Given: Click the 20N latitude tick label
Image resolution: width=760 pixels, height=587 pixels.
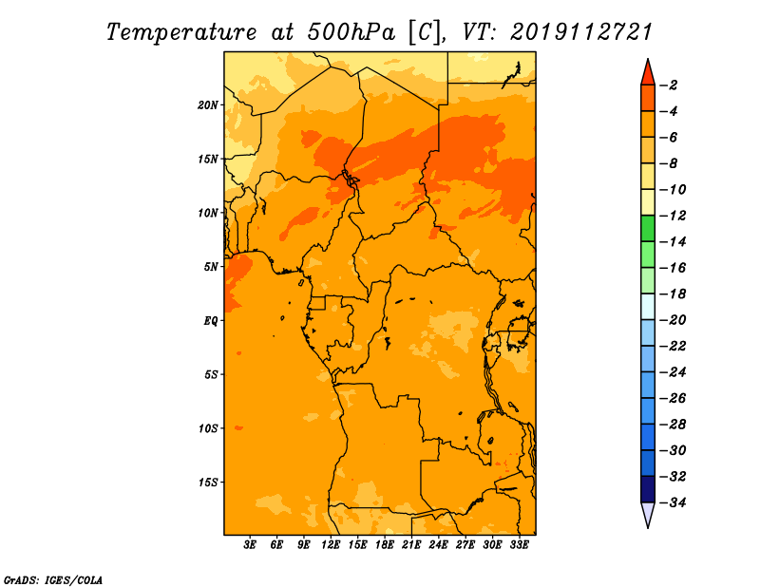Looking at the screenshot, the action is pyautogui.click(x=208, y=105).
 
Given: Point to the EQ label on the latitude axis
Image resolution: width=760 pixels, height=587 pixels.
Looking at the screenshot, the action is pyautogui.click(x=210, y=321).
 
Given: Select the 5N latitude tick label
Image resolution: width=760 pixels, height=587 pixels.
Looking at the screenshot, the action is pyautogui.click(x=211, y=267).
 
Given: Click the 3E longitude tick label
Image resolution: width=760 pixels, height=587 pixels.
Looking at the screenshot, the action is pyautogui.click(x=250, y=545).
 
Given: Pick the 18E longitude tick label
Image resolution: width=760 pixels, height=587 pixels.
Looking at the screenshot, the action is pyautogui.click(x=384, y=545).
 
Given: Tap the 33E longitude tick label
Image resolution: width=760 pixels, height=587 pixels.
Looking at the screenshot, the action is pyautogui.click(x=519, y=545).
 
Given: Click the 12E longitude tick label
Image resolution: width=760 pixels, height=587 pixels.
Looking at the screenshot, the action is pyautogui.click(x=330, y=545).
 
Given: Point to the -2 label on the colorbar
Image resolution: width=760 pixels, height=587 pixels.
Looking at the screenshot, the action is pyautogui.click(x=669, y=85).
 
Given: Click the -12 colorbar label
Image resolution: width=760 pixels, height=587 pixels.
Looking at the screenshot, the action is pyautogui.click(x=673, y=216).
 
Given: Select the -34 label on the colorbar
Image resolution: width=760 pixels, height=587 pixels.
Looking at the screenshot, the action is pyautogui.click(x=673, y=502).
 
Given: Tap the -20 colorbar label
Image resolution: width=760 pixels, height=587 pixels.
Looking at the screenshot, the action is pyautogui.click(x=673, y=320).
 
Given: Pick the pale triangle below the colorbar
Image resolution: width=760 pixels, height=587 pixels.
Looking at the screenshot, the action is pyautogui.click(x=648, y=513).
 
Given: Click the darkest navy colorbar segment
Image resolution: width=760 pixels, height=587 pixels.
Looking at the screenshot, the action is pyautogui.click(x=648, y=489).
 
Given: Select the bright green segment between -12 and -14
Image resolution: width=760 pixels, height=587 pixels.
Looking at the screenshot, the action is pyautogui.click(x=648, y=229).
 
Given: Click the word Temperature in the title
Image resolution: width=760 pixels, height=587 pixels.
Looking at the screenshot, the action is pyautogui.click(x=181, y=32).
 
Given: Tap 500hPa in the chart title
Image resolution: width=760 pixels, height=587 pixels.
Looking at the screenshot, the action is pyautogui.click(x=351, y=32).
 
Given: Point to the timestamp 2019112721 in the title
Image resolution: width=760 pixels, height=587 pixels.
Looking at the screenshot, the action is pyautogui.click(x=581, y=32).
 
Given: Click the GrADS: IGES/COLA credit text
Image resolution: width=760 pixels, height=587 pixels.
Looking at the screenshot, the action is pyautogui.click(x=53, y=580).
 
